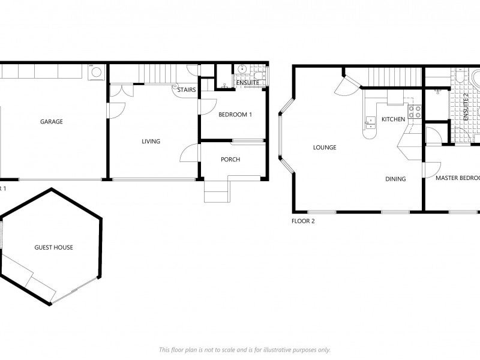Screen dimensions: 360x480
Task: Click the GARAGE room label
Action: [52, 122]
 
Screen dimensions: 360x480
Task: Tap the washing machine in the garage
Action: [95, 73]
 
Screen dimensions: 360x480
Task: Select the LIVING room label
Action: [151, 142]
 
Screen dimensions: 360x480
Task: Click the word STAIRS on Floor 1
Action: [186, 89]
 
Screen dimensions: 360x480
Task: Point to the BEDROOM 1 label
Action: [235, 115]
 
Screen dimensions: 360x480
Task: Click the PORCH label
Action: [230, 160]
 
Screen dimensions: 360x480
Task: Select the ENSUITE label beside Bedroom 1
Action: [247, 83]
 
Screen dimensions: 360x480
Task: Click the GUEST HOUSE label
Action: [54, 247]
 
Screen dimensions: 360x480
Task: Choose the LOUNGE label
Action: [325, 148]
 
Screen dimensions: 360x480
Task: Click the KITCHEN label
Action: [394, 119]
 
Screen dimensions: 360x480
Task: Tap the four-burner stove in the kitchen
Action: [415, 111]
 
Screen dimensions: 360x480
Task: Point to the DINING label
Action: [395, 179]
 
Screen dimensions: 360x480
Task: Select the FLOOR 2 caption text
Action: [303, 221]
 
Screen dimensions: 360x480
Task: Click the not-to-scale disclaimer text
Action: [244, 350]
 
